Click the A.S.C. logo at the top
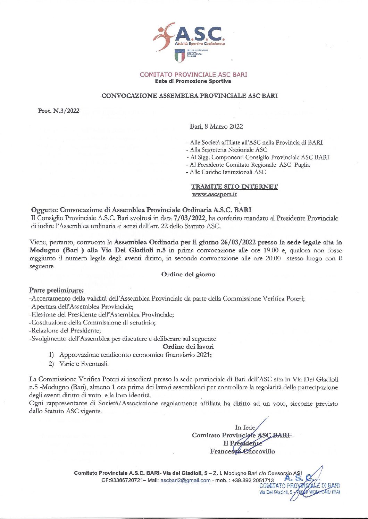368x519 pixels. [189, 36]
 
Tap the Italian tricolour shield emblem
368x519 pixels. [179, 56]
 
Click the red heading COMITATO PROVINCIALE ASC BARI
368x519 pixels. [193, 75]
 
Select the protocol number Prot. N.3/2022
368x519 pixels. [59, 111]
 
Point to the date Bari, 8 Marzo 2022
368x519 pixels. [216, 127]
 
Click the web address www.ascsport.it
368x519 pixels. [215, 194]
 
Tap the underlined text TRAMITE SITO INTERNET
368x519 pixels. [234, 187]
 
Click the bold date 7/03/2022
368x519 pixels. [190, 218]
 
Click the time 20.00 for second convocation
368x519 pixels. [273, 258]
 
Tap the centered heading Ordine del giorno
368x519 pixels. [188, 274]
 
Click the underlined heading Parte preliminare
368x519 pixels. [56, 290]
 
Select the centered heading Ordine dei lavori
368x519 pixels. [188, 346]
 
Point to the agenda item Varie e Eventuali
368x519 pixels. [84, 364]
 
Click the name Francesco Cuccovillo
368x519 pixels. [242, 451]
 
